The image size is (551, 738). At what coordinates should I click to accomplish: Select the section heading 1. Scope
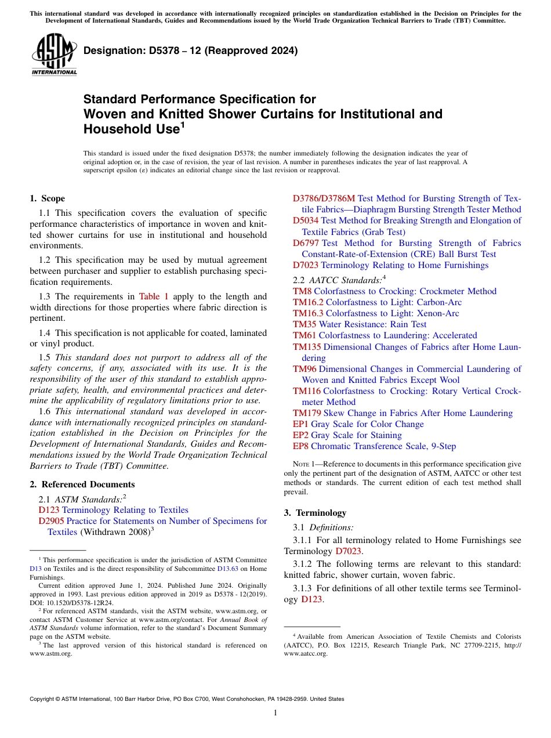(x=47, y=198)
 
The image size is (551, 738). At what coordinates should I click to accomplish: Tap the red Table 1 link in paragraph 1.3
(x=154, y=296)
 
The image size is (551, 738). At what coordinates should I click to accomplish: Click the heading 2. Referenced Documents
(x=82, y=484)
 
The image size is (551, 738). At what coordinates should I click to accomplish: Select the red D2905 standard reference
(x=51, y=521)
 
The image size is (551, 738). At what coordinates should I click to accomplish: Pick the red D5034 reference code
(x=305, y=220)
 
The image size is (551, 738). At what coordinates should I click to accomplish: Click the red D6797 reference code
(x=306, y=243)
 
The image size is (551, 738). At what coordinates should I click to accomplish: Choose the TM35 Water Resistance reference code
(x=304, y=324)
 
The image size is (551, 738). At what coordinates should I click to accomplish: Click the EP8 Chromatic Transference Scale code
(x=300, y=446)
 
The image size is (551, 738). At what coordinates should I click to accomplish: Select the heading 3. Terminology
(x=315, y=513)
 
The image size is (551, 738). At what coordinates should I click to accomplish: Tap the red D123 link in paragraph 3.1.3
(x=311, y=599)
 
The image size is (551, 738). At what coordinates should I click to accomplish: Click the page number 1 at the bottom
(x=275, y=713)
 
